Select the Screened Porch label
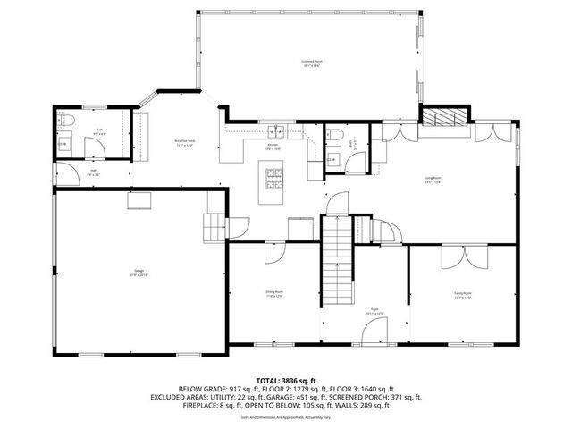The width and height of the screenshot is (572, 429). pos(312,63)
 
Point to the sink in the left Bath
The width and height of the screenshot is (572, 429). pos(64,143)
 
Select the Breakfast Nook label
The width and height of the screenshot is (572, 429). pos(186,142)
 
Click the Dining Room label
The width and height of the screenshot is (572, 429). pos(273,293)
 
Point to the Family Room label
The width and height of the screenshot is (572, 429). pos(462,293)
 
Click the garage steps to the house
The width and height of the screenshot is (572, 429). pos(214,227)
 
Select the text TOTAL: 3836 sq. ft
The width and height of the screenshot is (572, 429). pos(286,381)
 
